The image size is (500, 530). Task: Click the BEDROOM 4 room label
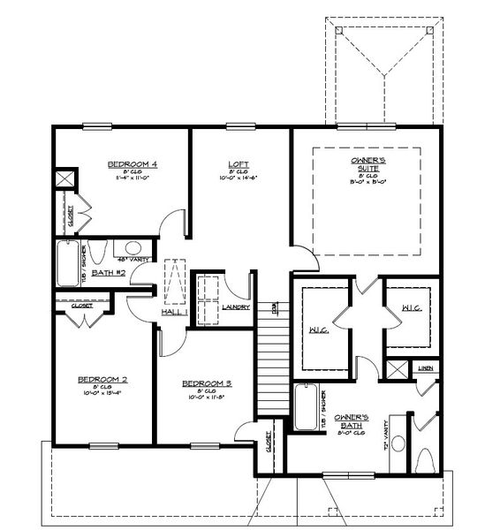pos(133,163)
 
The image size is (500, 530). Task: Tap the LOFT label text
pos(238,163)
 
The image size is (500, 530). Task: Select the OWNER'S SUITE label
pos(367,161)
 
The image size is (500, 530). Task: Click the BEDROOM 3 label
pos(207,382)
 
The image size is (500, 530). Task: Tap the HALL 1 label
pos(173,313)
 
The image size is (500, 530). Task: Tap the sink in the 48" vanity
pos(133,248)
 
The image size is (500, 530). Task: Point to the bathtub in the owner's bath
pos(305,406)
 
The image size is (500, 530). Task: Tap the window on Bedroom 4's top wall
pos(97,125)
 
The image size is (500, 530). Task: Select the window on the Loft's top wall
pos(237,125)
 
